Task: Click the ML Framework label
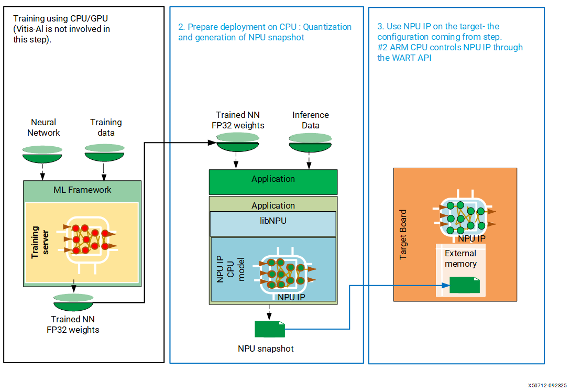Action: (x=82, y=190)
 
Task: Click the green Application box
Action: (x=273, y=181)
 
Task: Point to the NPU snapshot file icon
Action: (x=270, y=329)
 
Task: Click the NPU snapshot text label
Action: (x=266, y=349)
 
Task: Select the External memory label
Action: (x=461, y=258)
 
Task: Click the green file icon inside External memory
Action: (x=465, y=285)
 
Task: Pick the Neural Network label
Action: (x=43, y=127)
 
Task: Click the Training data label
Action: (x=106, y=127)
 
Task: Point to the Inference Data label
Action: (x=311, y=120)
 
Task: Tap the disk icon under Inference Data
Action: (x=310, y=141)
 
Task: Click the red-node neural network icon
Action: (x=87, y=237)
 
